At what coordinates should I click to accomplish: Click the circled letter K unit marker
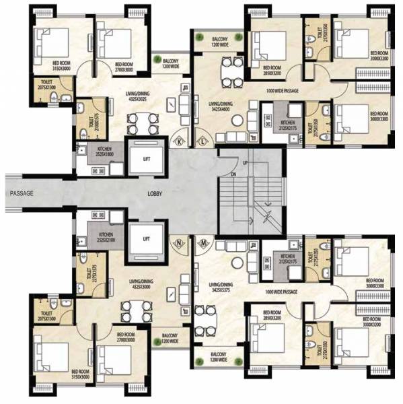tap(181, 142)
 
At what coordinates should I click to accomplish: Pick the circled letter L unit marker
tap(202, 142)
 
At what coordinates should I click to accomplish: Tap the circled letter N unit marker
tap(180, 242)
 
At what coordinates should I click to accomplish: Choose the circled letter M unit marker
tap(203, 242)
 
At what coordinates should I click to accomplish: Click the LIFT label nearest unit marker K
tap(147, 160)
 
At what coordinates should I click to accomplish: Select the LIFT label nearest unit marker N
tap(147, 238)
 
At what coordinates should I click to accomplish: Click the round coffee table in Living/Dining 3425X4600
tap(237, 119)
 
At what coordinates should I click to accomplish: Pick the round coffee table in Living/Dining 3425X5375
tap(237, 265)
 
